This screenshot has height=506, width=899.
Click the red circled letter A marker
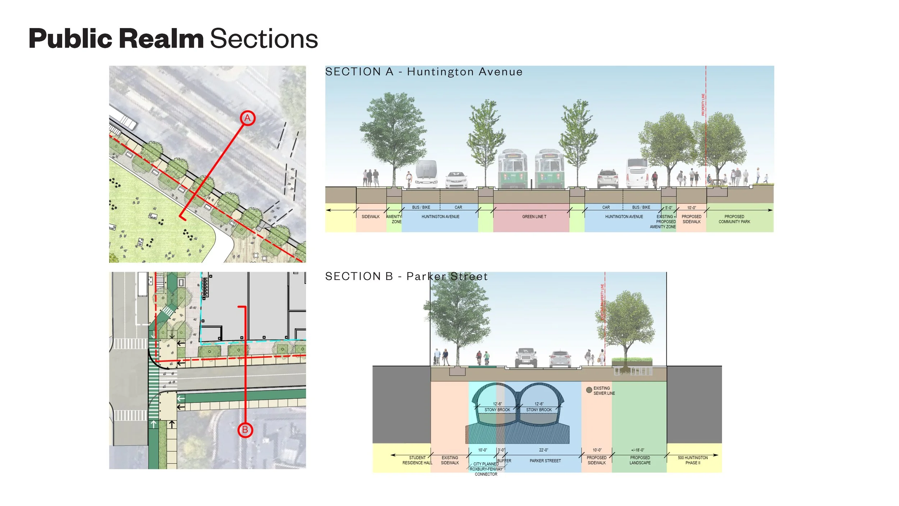[247, 118]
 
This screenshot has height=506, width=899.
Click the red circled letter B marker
[245, 430]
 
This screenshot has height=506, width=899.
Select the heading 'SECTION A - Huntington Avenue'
[424, 72]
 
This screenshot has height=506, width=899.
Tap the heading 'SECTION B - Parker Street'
[406, 276]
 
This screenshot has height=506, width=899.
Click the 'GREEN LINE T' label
[534, 217]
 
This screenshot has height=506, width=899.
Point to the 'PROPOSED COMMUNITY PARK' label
[734, 219]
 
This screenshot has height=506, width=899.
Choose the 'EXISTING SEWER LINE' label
[604, 391]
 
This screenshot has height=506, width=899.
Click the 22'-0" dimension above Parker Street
[543, 450]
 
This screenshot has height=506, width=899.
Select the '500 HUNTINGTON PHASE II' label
[693, 460]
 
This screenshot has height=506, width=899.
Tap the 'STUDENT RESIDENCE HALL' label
[417, 460]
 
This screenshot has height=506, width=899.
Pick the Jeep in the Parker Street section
[526, 358]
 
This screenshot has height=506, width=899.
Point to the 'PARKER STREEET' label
[545, 461]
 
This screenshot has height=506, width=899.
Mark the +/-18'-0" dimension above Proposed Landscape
[638, 450]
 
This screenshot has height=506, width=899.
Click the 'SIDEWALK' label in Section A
[370, 217]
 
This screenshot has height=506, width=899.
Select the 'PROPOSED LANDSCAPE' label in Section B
[640, 460]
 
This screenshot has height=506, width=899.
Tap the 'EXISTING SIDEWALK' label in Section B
[450, 460]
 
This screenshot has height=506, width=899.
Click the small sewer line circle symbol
[589, 390]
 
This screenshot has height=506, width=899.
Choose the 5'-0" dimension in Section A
[668, 208]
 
